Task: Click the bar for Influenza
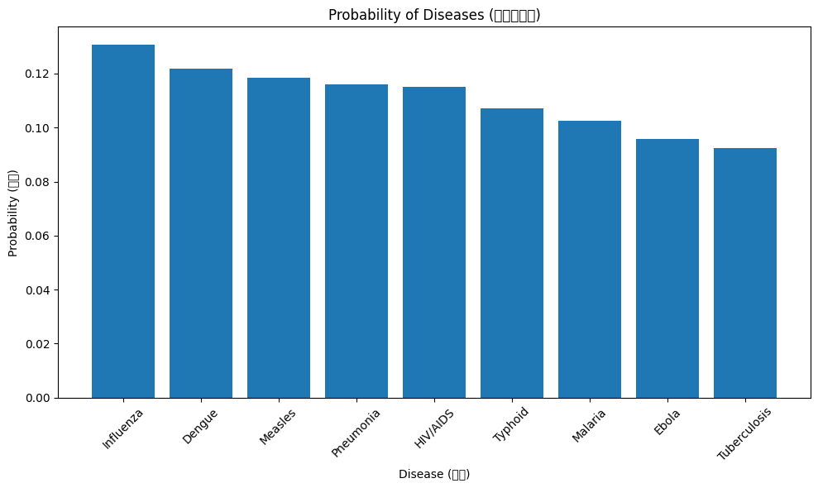[123, 221]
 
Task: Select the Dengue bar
[201, 233]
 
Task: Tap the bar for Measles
[279, 237]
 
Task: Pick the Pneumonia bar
[356, 241]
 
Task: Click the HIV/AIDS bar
[434, 242]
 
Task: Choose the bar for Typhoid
[512, 253]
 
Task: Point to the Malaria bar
[590, 259]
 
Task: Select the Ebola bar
[667, 268]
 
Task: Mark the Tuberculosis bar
[745, 273]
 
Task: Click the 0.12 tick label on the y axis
[38, 74]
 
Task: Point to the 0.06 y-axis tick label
[38, 237]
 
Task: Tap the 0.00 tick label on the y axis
[38, 399]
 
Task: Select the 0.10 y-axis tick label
[38, 128]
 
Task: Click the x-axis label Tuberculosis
[744, 433]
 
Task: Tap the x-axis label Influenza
[123, 428]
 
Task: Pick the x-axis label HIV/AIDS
[434, 428]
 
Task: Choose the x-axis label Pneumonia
[356, 432]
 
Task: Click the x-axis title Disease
[434, 474]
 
